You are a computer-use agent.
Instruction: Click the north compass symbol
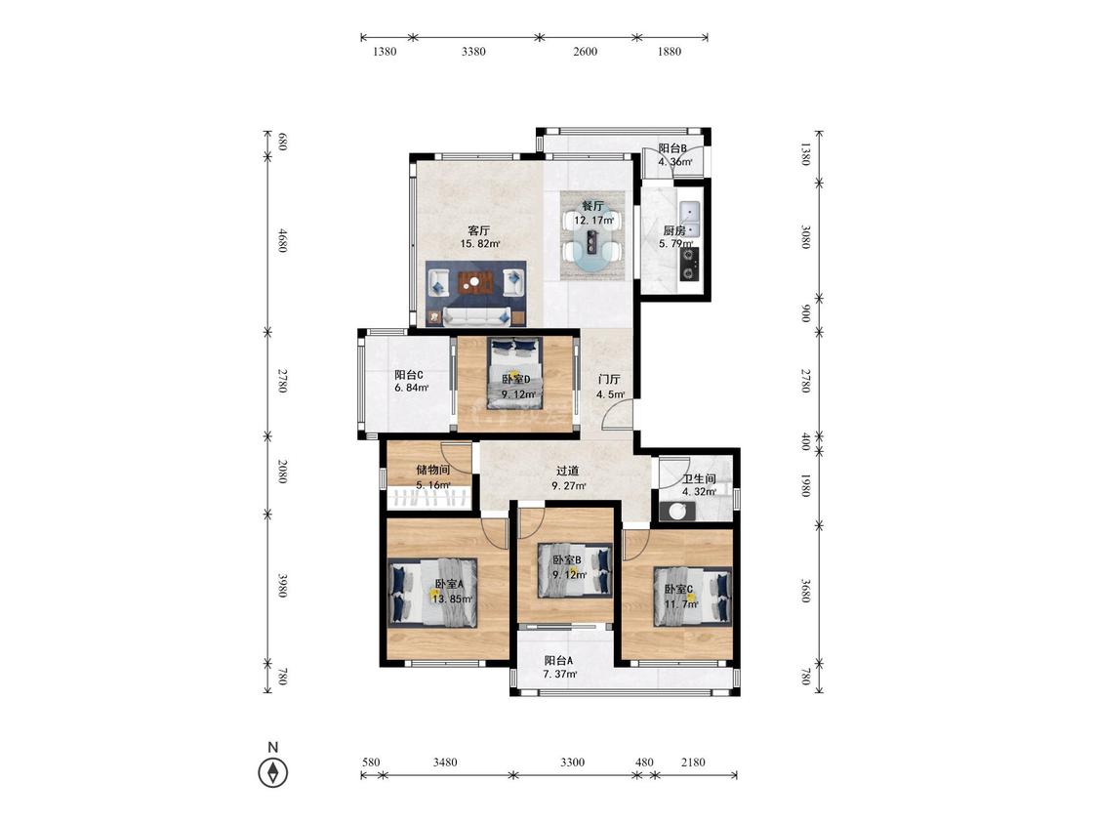pos(273,772)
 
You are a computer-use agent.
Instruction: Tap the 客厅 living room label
pos(479,230)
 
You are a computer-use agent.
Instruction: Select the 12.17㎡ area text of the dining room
pos(594,220)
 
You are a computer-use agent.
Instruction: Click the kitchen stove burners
pos(690,264)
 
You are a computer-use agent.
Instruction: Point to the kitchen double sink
pos(689,219)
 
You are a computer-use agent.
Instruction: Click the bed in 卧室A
pos(433,592)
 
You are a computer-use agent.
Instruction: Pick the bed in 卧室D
pos(514,374)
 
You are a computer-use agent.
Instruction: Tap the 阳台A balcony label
pos(559,660)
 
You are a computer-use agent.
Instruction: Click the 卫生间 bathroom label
pos(699,479)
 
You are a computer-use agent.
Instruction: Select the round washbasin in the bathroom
pos(677,512)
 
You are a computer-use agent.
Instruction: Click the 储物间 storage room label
pos(432,470)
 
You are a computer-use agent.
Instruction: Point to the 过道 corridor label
pos(567,471)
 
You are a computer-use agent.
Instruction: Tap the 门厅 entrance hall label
pos(608,379)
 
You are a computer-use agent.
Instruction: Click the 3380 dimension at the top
pos(473,51)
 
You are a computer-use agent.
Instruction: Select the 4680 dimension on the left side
pos(282,240)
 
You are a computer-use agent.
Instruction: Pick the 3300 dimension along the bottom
pos(572,762)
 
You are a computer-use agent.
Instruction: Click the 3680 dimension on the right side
pos(805,591)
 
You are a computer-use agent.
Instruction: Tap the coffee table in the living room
pos(475,283)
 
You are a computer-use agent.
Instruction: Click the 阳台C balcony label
pos(409,375)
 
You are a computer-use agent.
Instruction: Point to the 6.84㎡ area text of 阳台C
pos(412,389)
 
